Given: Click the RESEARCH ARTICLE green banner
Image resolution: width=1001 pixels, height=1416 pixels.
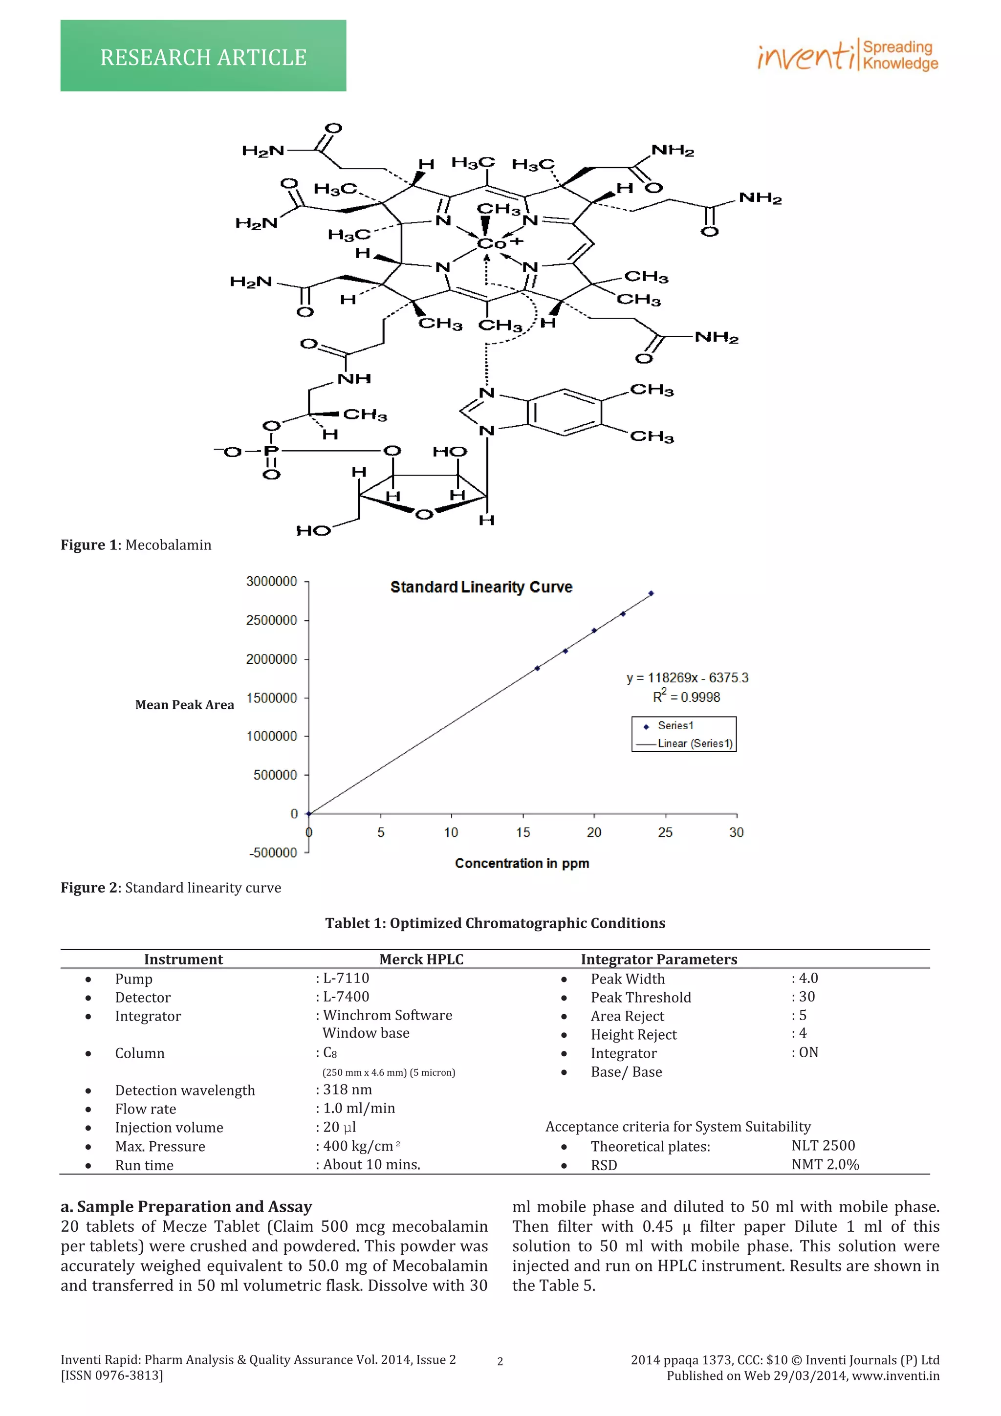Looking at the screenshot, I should pyautogui.click(x=203, y=56).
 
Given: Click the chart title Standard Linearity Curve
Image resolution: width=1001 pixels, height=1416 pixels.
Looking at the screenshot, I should pyautogui.click(x=481, y=587).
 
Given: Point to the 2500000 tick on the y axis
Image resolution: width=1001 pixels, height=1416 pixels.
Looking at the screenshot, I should pyautogui.click(x=271, y=620).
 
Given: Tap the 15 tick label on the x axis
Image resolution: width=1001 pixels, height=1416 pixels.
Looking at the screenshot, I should pyautogui.click(x=523, y=832).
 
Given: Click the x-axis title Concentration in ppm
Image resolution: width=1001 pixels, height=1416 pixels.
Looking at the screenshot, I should pyautogui.click(x=522, y=863).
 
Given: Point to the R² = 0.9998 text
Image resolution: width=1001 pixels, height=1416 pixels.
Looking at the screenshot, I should pyautogui.click(x=686, y=697).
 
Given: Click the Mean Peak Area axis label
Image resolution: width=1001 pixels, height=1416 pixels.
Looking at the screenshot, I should pyautogui.click(x=184, y=705).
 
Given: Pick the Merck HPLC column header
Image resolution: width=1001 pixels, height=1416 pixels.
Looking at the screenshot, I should pyautogui.click(x=421, y=959).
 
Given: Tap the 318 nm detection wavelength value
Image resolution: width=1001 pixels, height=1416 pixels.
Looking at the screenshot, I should pyautogui.click(x=347, y=1090).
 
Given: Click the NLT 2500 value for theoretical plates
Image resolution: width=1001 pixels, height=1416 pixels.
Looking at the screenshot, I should pyautogui.click(x=823, y=1145).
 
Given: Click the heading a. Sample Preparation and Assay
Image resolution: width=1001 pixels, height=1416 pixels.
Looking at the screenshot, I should pyautogui.click(x=186, y=1206).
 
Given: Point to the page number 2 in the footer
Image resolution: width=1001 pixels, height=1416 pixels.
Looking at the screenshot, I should pyautogui.click(x=500, y=1361).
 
